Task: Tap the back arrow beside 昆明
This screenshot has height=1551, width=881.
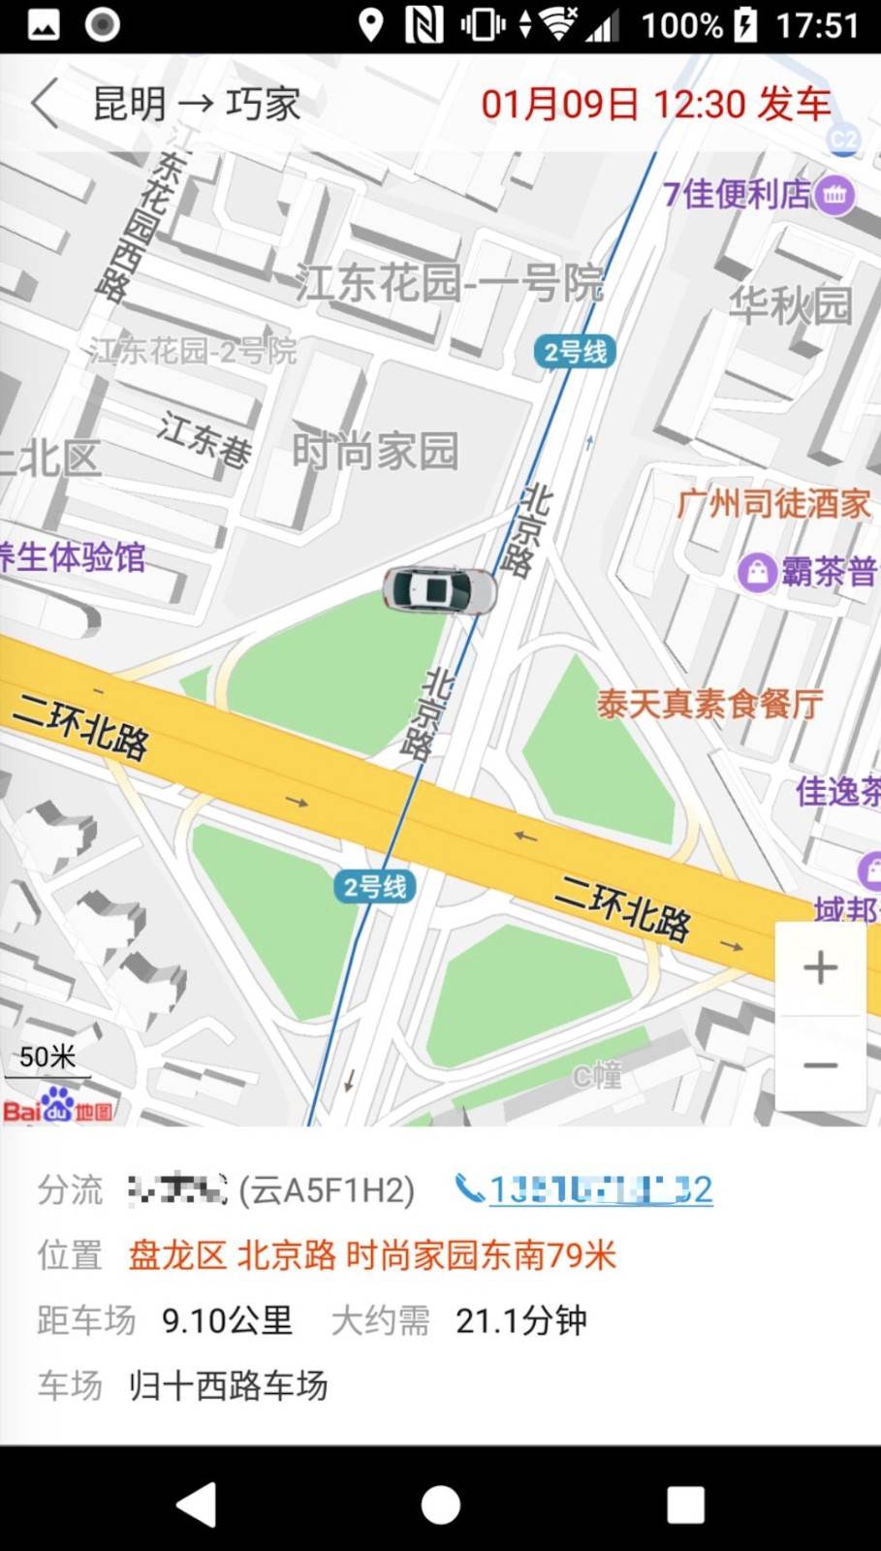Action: click(x=45, y=104)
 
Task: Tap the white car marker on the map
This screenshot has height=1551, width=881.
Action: click(x=439, y=589)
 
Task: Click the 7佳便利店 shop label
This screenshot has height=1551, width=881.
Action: click(x=738, y=194)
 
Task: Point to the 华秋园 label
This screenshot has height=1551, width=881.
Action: click(x=790, y=305)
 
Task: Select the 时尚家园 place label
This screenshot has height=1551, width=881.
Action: click(x=375, y=451)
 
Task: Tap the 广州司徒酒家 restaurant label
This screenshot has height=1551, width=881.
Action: click(x=773, y=503)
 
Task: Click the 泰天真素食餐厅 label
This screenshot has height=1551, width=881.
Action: click(x=709, y=704)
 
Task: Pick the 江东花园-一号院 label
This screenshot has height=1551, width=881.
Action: click(x=449, y=283)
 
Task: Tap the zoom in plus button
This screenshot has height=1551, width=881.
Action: click(x=820, y=967)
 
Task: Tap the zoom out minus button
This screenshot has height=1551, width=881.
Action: click(x=820, y=1064)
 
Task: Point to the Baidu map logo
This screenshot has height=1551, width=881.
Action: click(x=58, y=1107)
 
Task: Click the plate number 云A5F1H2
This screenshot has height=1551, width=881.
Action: click(x=328, y=1189)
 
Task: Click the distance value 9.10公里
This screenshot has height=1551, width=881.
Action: click(x=227, y=1320)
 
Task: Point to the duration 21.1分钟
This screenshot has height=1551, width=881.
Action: click(x=520, y=1320)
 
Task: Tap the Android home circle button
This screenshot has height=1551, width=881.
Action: click(x=440, y=1504)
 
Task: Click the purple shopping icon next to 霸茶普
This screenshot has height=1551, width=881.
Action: click(x=756, y=572)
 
